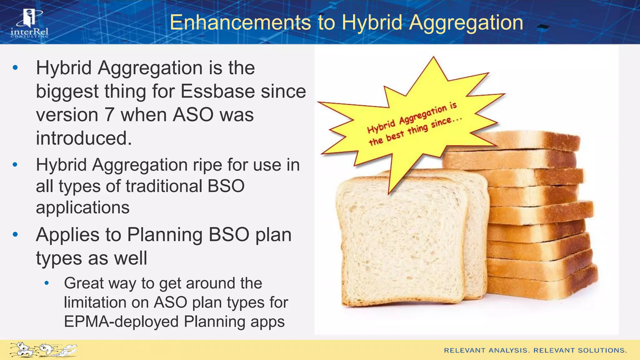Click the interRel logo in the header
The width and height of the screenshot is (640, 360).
tap(29, 23)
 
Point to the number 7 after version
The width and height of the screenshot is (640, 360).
tap(109, 115)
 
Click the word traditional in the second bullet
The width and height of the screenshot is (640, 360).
tap(164, 186)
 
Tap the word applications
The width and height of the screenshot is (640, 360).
tap(82, 207)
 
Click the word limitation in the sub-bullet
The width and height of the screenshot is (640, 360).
tap(106, 302)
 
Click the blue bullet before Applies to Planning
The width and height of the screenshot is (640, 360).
tap(15, 234)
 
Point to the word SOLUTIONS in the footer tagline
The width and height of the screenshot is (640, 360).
tap(602, 350)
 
